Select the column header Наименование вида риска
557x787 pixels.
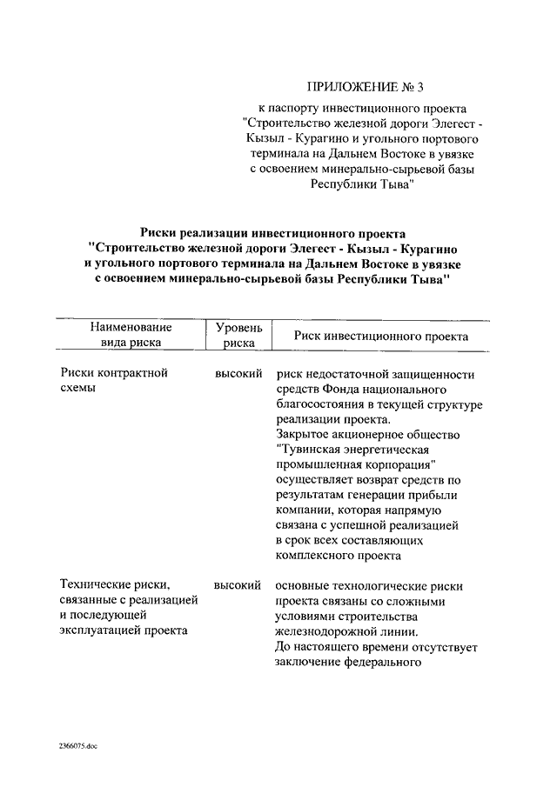[x=129, y=335]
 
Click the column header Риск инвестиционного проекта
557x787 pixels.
[x=381, y=336]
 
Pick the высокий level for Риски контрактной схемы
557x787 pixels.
[x=238, y=373]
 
